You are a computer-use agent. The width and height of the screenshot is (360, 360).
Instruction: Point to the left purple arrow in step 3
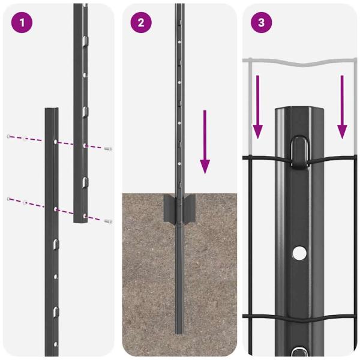pyautogui.click(x=257, y=106)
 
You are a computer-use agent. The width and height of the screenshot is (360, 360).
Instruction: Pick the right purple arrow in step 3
pyautogui.click(x=342, y=106)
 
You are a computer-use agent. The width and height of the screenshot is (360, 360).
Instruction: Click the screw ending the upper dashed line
pyautogui.click(x=108, y=148)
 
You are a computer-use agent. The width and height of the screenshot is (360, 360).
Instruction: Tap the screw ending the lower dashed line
pyautogui.click(x=107, y=221)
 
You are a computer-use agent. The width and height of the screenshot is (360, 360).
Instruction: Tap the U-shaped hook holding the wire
pyautogui.click(x=298, y=151)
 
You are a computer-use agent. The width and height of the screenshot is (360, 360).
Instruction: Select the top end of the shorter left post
pyautogui.click(x=52, y=110)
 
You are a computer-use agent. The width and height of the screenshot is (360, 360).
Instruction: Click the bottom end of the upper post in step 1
pyautogui.click(x=80, y=221)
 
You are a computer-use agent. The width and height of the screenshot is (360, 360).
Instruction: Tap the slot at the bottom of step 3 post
pyautogui.click(x=298, y=352)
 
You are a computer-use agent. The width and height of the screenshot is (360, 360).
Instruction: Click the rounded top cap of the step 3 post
pyautogui.click(x=298, y=112)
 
